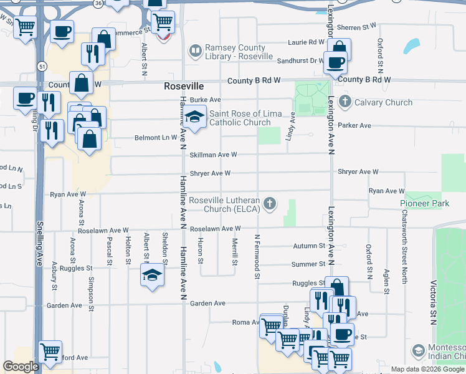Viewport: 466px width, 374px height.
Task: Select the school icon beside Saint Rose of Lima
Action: point(194,117)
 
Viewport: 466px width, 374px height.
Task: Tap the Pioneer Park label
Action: point(424,204)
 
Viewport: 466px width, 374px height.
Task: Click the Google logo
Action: point(21,367)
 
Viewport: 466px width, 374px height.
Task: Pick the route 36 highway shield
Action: point(97,2)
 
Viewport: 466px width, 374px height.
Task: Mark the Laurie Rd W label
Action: point(306,42)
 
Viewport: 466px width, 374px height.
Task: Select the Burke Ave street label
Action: point(206,100)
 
